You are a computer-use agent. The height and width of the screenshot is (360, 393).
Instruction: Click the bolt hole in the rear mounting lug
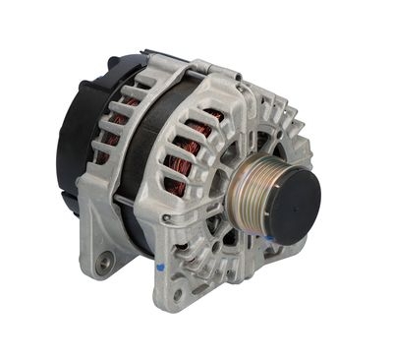pos(101,262)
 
